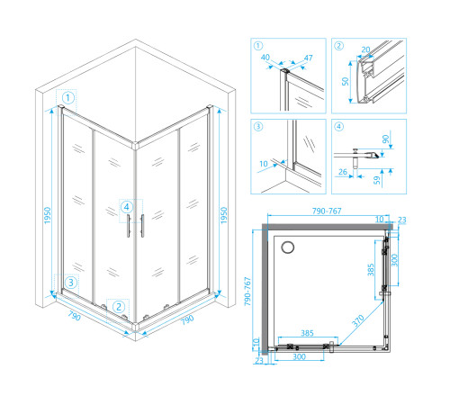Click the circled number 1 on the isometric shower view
coord(68,98)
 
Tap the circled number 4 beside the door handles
coord(127,207)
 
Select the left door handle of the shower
coord(129,226)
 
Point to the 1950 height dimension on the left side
coord(48,215)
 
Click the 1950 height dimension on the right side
coord(224,215)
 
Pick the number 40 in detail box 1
coord(265,58)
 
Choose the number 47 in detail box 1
coord(308,58)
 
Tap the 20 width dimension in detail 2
coord(365,49)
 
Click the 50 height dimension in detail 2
coord(346,81)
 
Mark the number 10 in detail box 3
coord(264,164)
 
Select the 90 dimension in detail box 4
coord(385,139)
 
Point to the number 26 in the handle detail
coord(343,172)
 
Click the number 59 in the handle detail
coord(377,180)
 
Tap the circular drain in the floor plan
coord(288,247)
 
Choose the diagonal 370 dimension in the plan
coord(358,320)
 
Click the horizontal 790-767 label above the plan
coord(327,211)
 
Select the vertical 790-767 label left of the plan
coord(247,292)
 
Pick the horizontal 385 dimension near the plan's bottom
coord(307,333)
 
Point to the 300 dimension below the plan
coord(299,356)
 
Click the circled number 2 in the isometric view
coord(119,307)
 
